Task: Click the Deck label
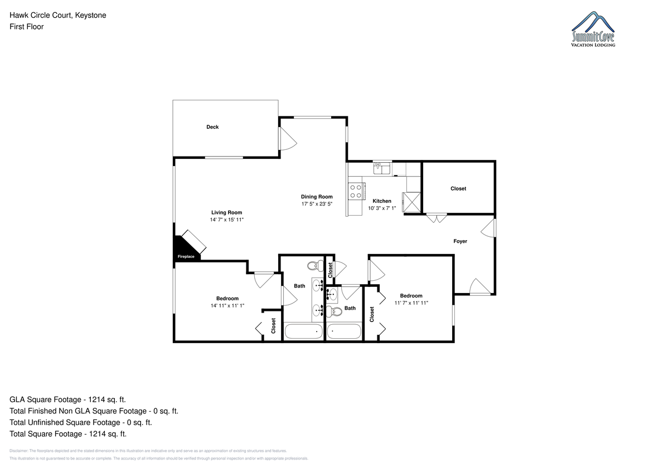click(x=212, y=127)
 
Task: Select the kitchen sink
click(x=382, y=169)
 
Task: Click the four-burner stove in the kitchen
click(x=356, y=191)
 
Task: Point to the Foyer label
click(x=460, y=241)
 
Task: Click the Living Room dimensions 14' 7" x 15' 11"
click(x=227, y=220)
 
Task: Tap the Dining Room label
click(x=317, y=197)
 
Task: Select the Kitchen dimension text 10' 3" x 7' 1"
click(x=382, y=208)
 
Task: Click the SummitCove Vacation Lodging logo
click(x=593, y=29)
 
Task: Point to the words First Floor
click(x=27, y=27)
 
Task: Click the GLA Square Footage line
click(x=67, y=399)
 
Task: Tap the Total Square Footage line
click(x=68, y=433)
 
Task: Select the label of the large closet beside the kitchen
click(x=458, y=189)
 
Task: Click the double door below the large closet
click(x=437, y=218)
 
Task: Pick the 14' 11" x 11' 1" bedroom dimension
click(x=227, y=306)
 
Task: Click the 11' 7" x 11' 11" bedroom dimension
click(x=411, y=303)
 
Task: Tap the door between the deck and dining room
click(x=287, y=139)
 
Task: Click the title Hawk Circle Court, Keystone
click(x=57, y=15)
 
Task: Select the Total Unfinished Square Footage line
click(x=81, y=422)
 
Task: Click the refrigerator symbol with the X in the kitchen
click(x=411, y=202)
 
